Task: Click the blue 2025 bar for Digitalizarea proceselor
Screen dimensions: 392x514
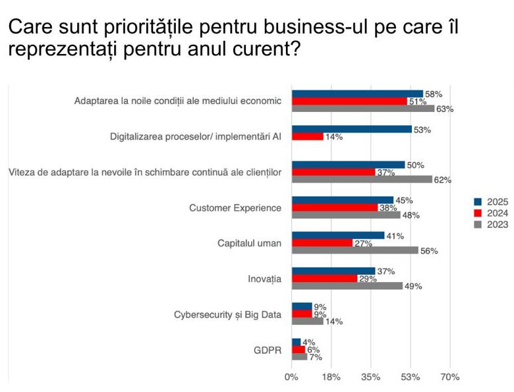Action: point(351,130)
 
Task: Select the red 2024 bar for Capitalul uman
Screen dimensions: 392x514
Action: point(322,242)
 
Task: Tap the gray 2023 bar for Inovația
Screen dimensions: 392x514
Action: point(347,286)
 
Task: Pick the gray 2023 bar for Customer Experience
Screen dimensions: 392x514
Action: point(346,215)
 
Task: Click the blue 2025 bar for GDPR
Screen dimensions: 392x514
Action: point(296,342)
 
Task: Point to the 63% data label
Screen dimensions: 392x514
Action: point(445,109)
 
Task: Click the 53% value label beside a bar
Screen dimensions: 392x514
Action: point(422,130)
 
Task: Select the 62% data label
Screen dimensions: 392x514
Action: point(442,179)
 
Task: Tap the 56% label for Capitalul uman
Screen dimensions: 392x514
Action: point(428,250)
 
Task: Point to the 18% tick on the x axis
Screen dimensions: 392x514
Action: point(331,378)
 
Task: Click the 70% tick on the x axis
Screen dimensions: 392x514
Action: point(450,378)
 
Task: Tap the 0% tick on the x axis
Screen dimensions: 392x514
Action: point(291,378)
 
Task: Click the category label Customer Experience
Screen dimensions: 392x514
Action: point(235,208)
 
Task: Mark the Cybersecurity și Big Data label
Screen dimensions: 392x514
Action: point(227,314)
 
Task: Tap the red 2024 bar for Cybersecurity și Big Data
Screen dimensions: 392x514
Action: point(302,314)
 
